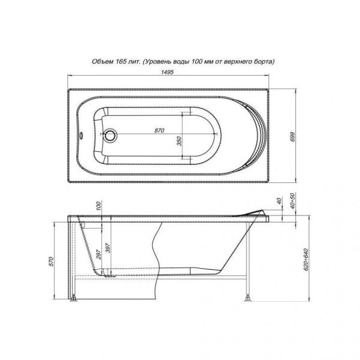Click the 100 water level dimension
pyautogui.click(x=99, y=206)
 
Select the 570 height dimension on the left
pyautogui.click(x=52, y=261)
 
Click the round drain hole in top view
pyautogui.click(x=111, y=135)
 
